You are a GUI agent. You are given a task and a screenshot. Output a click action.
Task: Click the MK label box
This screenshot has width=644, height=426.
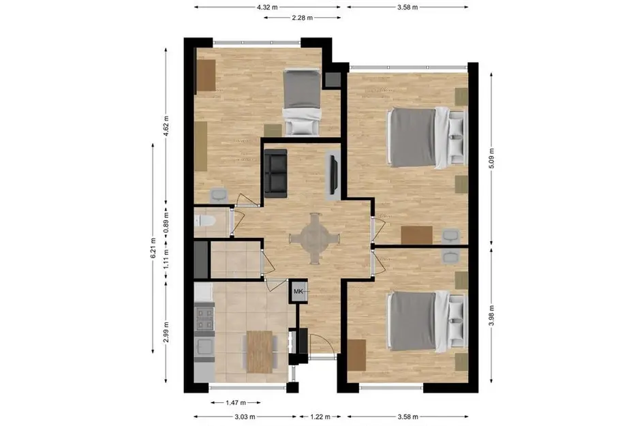(298, 291)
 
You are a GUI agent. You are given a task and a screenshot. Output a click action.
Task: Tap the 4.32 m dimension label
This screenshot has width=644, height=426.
(267, 7)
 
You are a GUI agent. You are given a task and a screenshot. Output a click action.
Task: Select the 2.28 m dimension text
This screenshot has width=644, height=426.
(303, 18)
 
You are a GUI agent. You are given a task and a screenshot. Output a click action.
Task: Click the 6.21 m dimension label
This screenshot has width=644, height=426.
(153, 248)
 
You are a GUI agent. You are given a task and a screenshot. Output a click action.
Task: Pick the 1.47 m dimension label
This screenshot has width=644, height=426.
(236, 403)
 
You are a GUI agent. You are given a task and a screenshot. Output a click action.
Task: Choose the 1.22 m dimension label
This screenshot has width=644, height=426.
(320, 416)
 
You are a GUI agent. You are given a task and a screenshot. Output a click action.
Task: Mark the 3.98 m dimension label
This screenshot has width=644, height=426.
(491, 316)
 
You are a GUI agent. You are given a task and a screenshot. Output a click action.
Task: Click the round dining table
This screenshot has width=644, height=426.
(315, 239)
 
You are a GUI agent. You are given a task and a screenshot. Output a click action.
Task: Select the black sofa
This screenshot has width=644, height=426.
(275, 174)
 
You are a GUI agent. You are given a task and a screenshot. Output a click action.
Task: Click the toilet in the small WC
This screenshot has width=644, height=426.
(204, 222)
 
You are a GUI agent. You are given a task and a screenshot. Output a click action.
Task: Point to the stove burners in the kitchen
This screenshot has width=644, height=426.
(204, 319)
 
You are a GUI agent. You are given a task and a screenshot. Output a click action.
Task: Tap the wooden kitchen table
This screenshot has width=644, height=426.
(260, 352)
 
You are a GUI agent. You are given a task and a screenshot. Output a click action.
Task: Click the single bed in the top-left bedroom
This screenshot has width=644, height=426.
(302, 102)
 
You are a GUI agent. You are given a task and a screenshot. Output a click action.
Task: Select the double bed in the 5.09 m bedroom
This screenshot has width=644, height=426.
(427, 137)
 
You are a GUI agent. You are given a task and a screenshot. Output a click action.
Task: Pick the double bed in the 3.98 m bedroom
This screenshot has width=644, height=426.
(427, 321)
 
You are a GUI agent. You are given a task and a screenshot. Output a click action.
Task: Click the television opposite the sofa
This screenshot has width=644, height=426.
(333, 173)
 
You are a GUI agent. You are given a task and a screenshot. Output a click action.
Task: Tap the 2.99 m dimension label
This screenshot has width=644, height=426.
(166, 332)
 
